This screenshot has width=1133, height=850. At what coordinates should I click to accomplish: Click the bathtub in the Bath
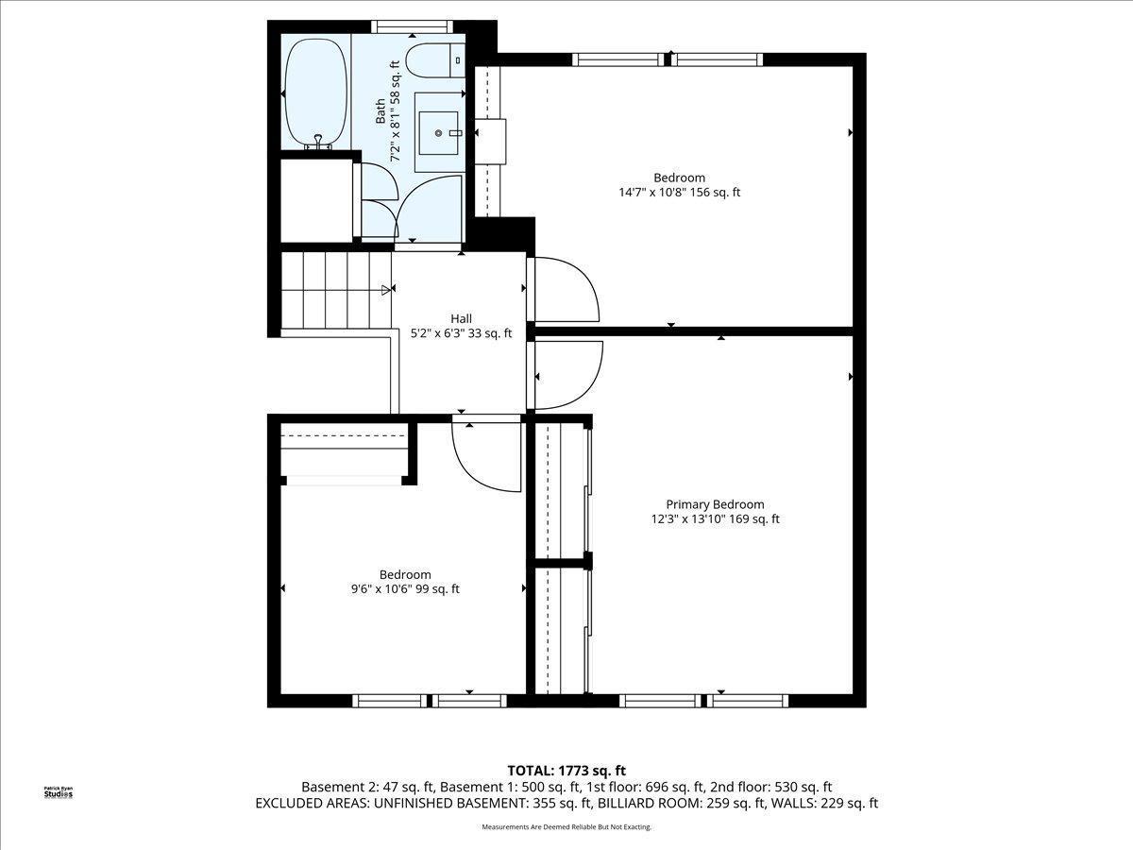click(x=315, y=93)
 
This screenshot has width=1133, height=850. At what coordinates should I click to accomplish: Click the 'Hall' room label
click(x=461, y=318)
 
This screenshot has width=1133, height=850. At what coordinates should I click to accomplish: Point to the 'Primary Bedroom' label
click(x=715, y=504)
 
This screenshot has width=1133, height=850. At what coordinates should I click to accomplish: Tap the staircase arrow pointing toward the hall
click(x=386, y=290)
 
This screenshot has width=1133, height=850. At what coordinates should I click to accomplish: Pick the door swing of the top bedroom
click(x=565, y=289)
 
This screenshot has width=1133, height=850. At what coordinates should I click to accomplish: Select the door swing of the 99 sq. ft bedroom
click(x=486, y=456)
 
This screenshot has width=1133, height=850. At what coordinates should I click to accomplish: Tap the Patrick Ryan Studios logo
click(x=59, y=791)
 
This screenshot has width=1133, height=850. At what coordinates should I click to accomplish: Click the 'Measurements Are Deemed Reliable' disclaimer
click(x=566, y=827)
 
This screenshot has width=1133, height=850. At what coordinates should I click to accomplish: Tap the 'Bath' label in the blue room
click(x=380, y=111)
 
